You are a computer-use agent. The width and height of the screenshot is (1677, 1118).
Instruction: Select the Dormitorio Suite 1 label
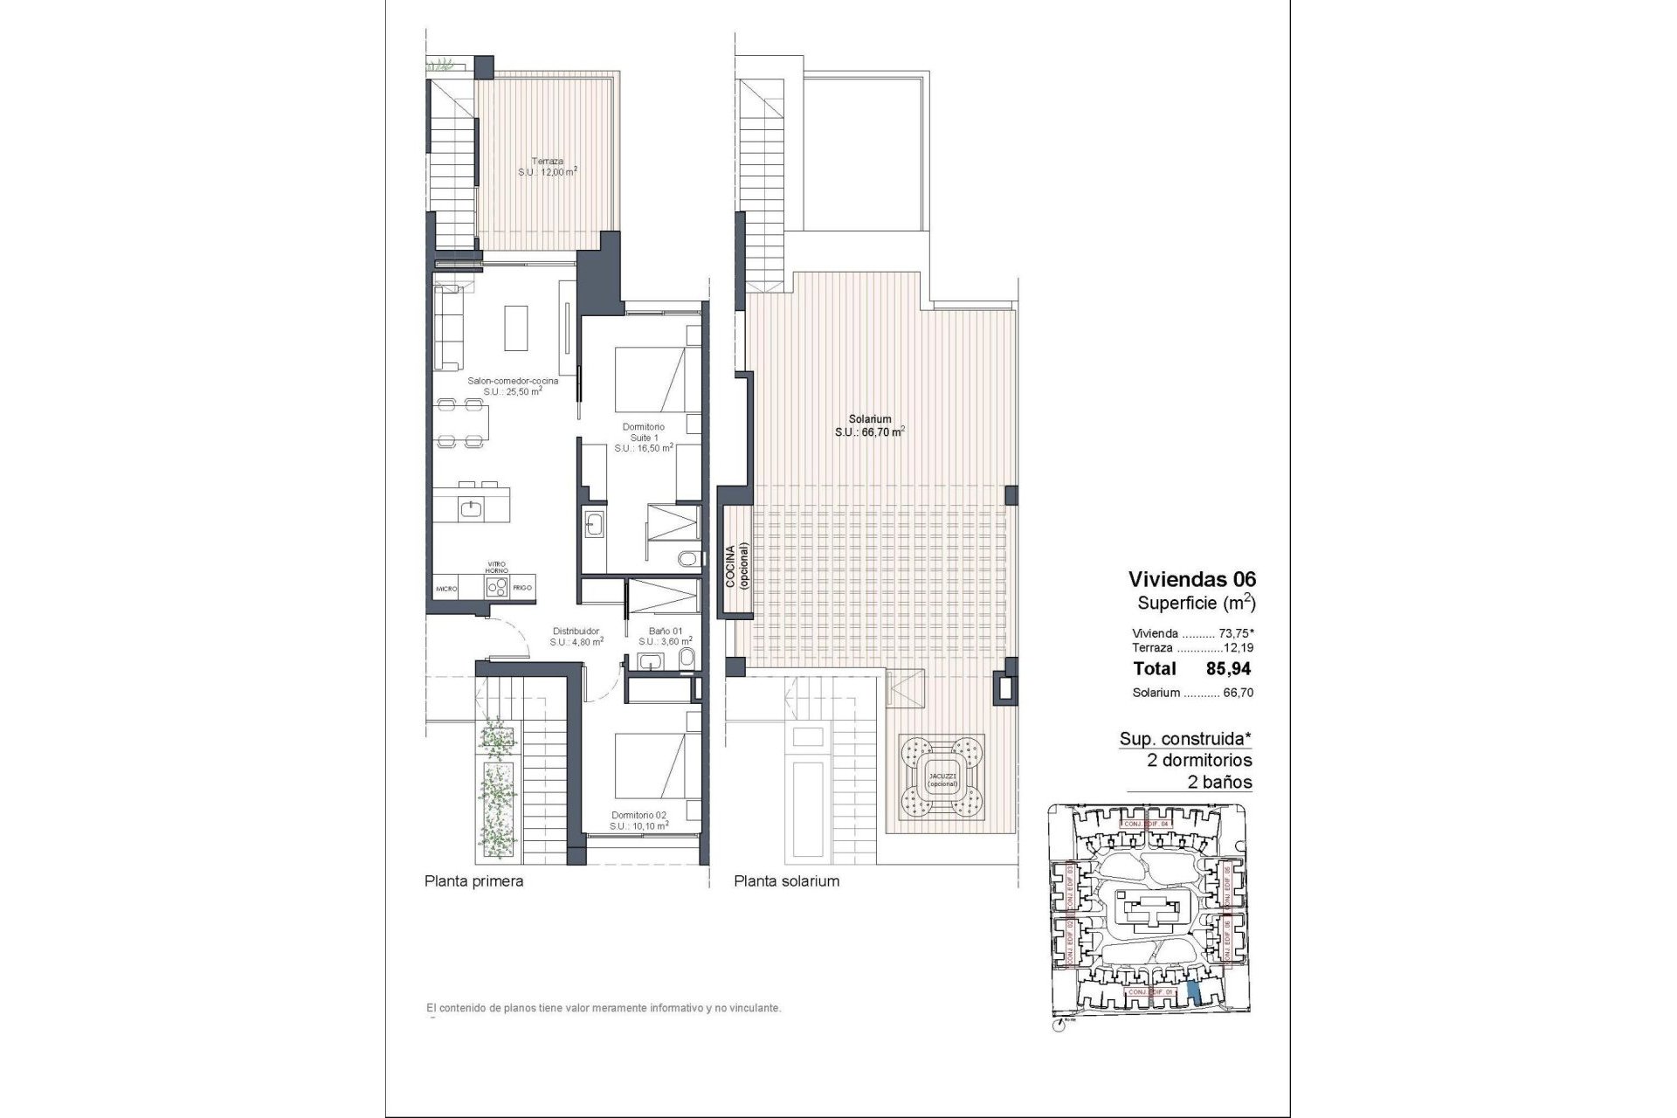coord(643,437)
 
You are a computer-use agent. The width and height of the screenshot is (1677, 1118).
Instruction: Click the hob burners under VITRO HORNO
coord(497,588)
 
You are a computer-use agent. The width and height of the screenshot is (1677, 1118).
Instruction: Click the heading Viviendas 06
coord(1191,578)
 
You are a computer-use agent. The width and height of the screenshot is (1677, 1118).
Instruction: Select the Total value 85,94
coord(1228,669)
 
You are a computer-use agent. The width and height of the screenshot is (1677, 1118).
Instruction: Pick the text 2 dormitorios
coord(1199,760)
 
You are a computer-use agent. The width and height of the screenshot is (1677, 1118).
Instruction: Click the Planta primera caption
coord(473,881)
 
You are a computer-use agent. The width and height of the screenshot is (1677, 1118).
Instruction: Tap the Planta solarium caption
coord(786,881)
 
